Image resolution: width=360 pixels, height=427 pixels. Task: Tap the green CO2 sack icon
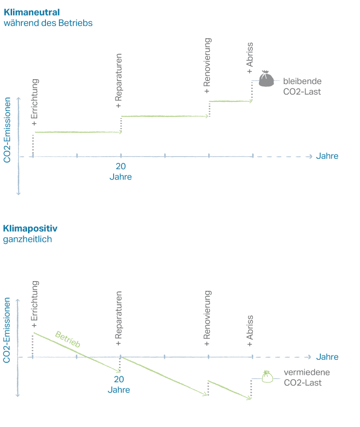[x=265, y=377]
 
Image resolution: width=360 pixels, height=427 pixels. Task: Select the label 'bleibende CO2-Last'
[x=302, y=86]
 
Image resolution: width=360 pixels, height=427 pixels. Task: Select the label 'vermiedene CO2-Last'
[x=302, y=378]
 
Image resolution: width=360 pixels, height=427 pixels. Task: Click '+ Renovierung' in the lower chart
[x=207, y=318]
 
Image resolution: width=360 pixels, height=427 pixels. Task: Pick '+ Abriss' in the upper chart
[x=250, y=58]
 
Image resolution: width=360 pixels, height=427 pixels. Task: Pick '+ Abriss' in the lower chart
[x=250, y=331]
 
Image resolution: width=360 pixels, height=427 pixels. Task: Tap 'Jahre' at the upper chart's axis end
[x=327, y=157]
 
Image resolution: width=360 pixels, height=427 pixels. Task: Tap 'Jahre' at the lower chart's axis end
[x=327, y=357]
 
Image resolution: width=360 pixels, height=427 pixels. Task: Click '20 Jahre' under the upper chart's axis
[x=120, y=171]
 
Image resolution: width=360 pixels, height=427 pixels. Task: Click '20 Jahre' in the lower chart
[x=119, y=384]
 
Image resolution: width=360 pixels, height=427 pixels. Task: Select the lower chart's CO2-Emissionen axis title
[x=8, y=330]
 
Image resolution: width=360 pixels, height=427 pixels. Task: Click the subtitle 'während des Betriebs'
[x=48, y=23]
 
